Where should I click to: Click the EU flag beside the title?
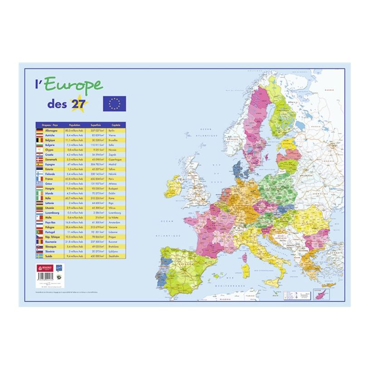click(114, 104)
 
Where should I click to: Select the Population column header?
click(74, 125)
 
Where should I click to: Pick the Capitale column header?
click(110, 125)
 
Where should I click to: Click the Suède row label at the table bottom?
click(49, 256)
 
